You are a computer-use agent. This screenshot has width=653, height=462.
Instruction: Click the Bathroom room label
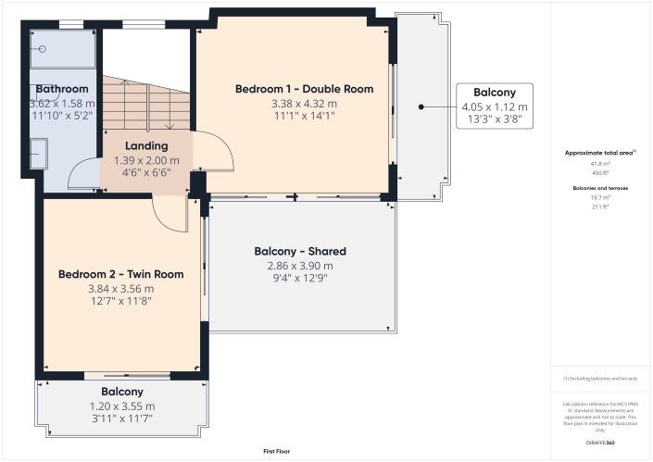coord(63,89)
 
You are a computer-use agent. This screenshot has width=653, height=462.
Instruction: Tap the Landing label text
coord(146,145)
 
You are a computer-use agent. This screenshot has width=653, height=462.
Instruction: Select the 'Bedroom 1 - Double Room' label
coord(304,89)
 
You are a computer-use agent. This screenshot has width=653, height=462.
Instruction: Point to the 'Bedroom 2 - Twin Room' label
coord(120,274)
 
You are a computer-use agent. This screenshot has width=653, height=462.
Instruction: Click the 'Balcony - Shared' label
coord(300,251)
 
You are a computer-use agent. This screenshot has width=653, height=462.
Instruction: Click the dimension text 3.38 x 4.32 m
coord(304,103)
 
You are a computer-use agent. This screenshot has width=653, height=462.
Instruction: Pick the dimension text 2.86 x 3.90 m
coord(300,265)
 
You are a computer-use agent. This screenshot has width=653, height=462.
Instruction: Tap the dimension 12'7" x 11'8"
coord(120,300)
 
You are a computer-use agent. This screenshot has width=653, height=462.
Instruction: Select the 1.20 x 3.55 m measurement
coord(121,406)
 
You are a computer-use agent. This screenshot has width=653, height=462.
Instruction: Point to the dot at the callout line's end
coord(421,106)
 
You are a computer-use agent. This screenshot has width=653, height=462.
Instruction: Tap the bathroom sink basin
coord(39,154)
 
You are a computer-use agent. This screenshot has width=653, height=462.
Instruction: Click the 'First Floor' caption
coord(276,451)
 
